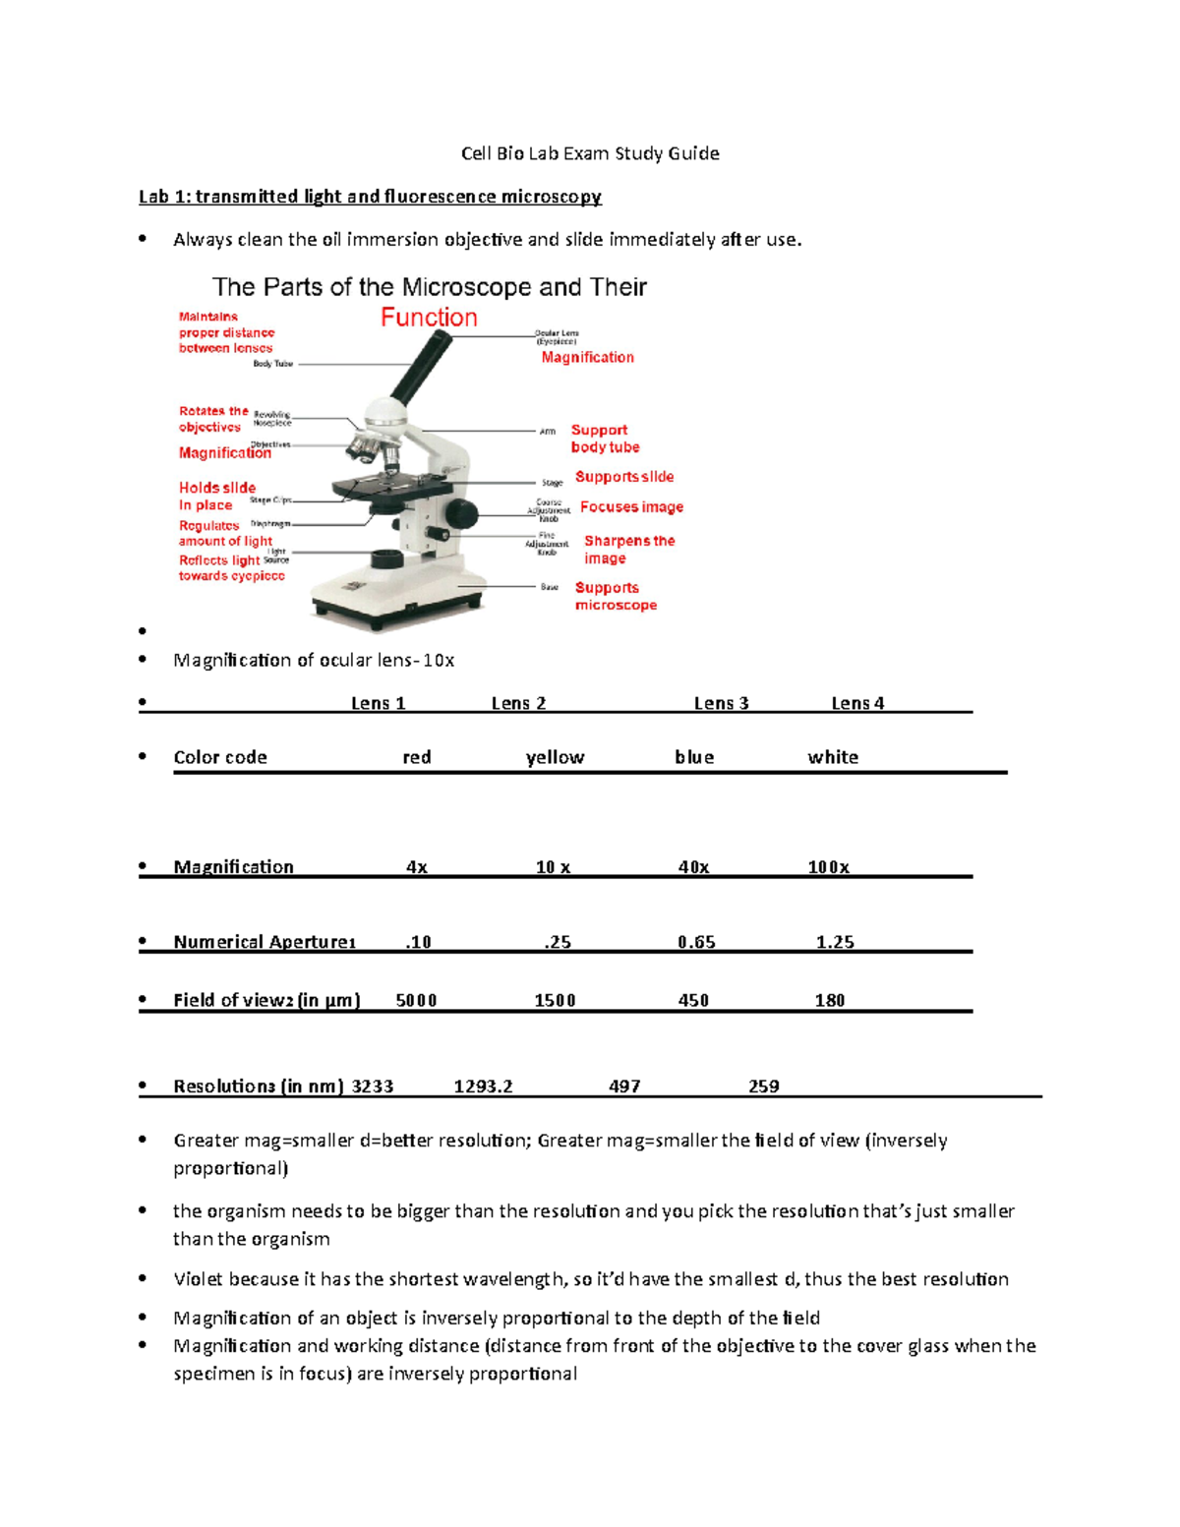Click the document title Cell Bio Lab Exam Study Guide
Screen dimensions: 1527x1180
(590, 153)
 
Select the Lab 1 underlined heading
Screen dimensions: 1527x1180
(370, 197)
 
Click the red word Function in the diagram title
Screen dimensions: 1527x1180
(429, 318)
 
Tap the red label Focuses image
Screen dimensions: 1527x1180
(631, 507)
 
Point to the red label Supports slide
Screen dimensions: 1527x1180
(624, 477)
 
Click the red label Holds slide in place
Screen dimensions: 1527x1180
(216, 497)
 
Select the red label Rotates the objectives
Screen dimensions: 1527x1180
(212, 419)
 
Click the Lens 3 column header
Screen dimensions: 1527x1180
(721, 703)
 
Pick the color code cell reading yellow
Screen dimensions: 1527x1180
(555, 757)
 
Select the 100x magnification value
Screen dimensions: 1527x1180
(828, 867)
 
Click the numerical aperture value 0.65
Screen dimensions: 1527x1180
(696, 942)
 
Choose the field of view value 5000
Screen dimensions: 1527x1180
(416, 1000)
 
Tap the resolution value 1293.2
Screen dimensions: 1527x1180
(483, 1087)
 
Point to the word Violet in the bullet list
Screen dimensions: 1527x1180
(199, 1279)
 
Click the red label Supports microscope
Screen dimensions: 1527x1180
(616, 596)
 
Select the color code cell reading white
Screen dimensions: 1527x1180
(833, 757)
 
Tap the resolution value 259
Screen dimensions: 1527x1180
(763, 1087)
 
